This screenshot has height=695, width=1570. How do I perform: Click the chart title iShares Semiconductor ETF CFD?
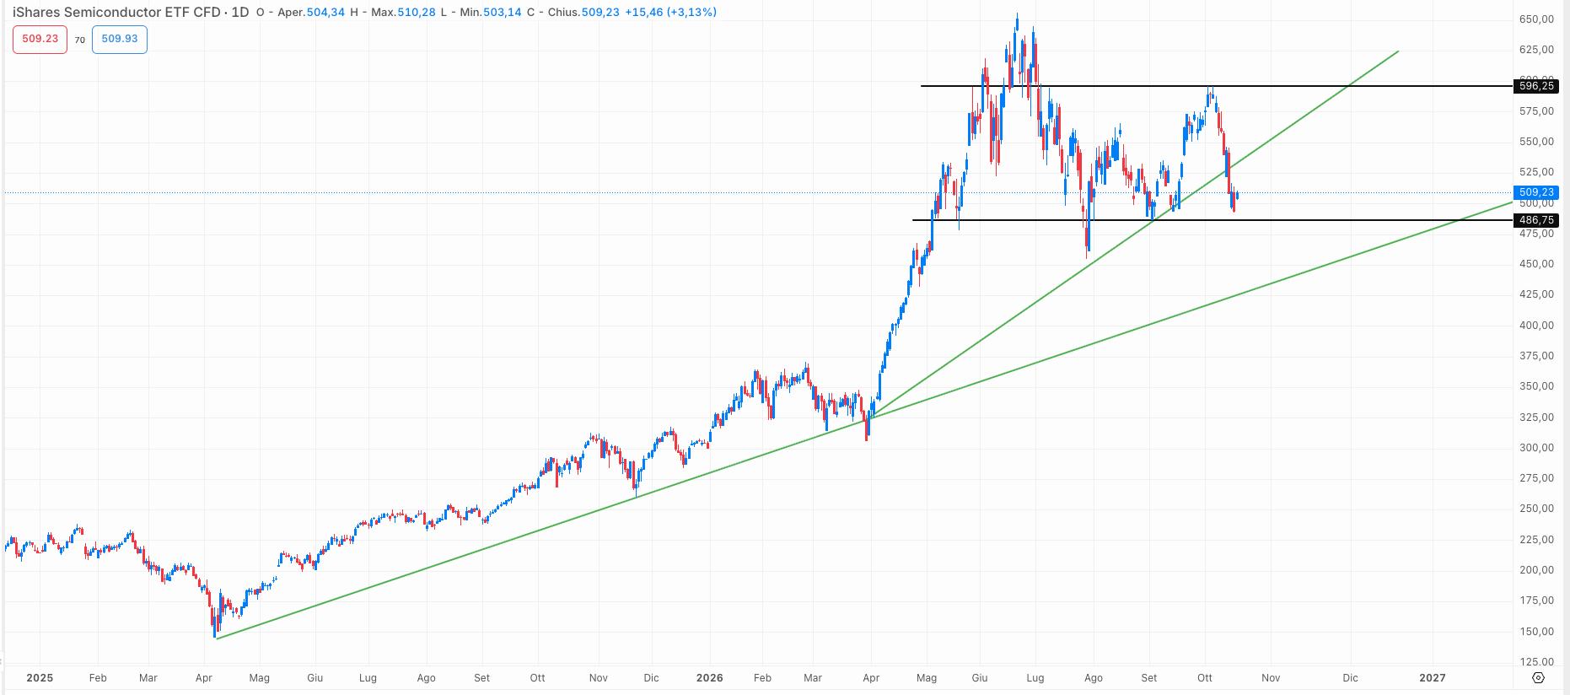tap(116, 13)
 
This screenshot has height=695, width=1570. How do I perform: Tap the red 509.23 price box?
tap(40, 39)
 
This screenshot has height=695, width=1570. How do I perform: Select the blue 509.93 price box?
tap(120, 39)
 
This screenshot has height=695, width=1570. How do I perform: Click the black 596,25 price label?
tap(1536, 86)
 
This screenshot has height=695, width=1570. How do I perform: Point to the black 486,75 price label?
tap(1536, 220)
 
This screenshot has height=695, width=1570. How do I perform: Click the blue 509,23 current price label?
tap(1536, 192)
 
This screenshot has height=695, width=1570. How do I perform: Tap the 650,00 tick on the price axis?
tap(1536, 19)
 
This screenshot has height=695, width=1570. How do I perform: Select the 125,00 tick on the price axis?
tap(1536, 662)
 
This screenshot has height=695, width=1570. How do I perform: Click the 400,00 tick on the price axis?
tap(1536, 326)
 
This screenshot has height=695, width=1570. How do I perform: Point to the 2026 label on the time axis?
tap(710, 678)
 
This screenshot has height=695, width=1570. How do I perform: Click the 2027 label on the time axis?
tap(1433, 678)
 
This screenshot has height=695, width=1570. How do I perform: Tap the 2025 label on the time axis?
tap(40, 678)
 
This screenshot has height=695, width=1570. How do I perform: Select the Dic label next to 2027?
tap(1351, 678)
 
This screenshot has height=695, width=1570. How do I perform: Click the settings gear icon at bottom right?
tap(1538, 678)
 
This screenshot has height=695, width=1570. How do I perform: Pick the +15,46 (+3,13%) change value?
tap(671, 13)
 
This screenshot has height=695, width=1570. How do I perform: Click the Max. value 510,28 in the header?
tap(417, 13)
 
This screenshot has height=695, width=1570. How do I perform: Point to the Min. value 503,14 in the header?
tap(503, 13)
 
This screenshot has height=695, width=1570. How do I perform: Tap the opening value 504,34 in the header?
tap(325, 13)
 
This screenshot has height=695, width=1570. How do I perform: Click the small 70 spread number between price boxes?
tap(80, 40)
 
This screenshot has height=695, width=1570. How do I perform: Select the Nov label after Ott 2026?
tap(1271, 678)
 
